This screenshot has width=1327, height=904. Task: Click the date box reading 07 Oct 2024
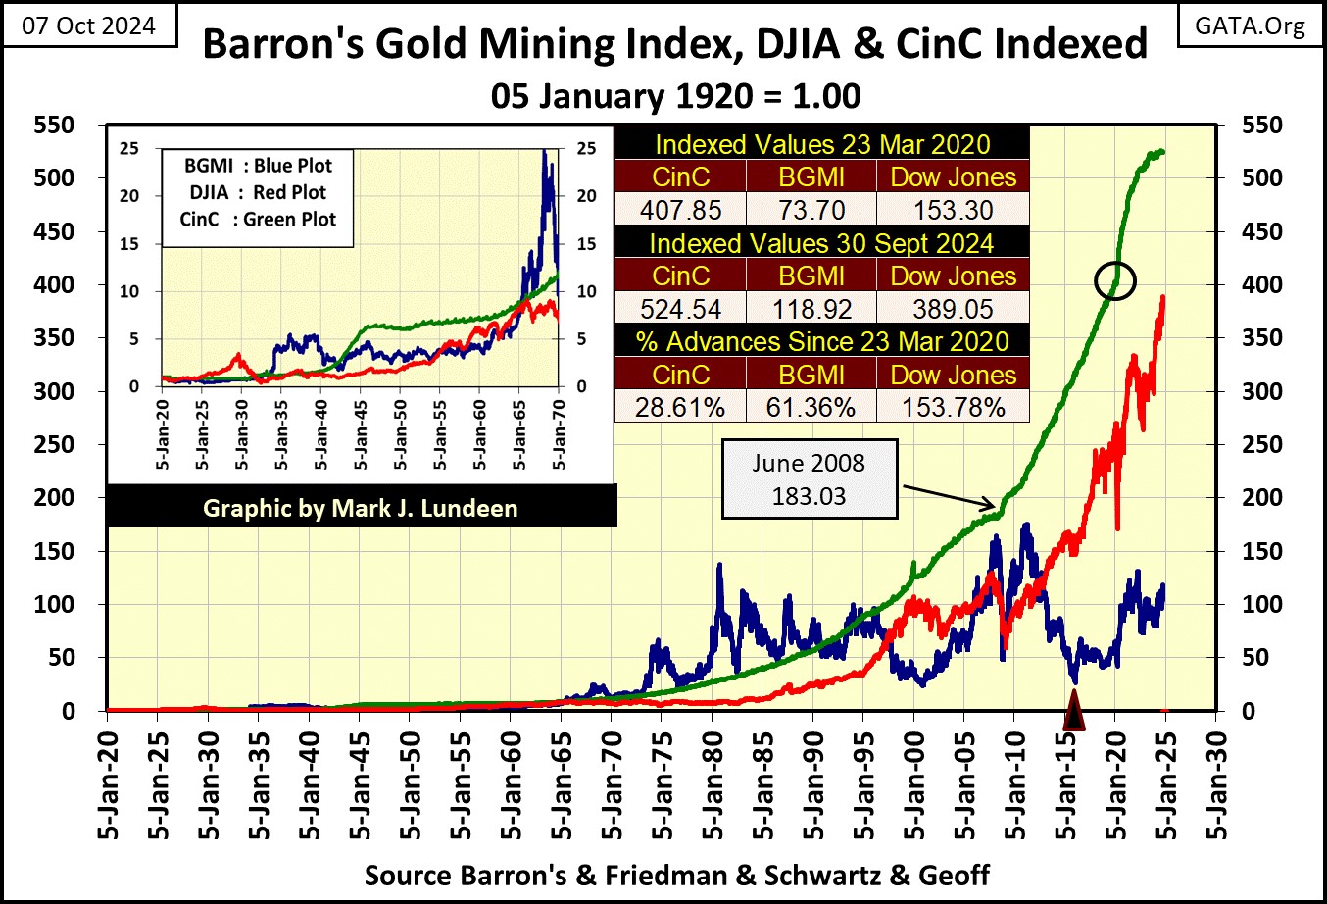pos(89,25)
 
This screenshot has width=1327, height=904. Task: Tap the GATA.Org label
pos(1250,25)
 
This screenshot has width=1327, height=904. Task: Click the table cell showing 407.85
pos(680,210)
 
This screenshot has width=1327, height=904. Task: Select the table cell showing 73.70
pos(811,210)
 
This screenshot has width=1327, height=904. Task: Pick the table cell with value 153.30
pos(953,210)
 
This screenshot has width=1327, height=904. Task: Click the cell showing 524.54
pos(680,309)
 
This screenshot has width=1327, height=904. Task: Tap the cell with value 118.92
pos(811,309)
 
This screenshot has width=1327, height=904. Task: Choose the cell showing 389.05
pos(953,309)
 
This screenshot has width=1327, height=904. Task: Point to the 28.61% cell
pos(680,407)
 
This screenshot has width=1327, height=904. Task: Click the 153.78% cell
pos(953,407)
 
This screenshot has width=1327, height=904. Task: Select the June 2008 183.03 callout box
pos(809,479)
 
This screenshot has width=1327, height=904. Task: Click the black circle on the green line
pos(1114,281)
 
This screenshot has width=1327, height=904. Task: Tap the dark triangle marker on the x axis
pos(1074,712)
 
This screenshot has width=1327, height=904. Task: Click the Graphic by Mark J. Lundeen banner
pos(361,508)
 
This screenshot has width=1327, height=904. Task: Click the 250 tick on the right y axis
pos(1261,444)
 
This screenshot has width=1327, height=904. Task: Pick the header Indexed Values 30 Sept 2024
pos(821,243)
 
